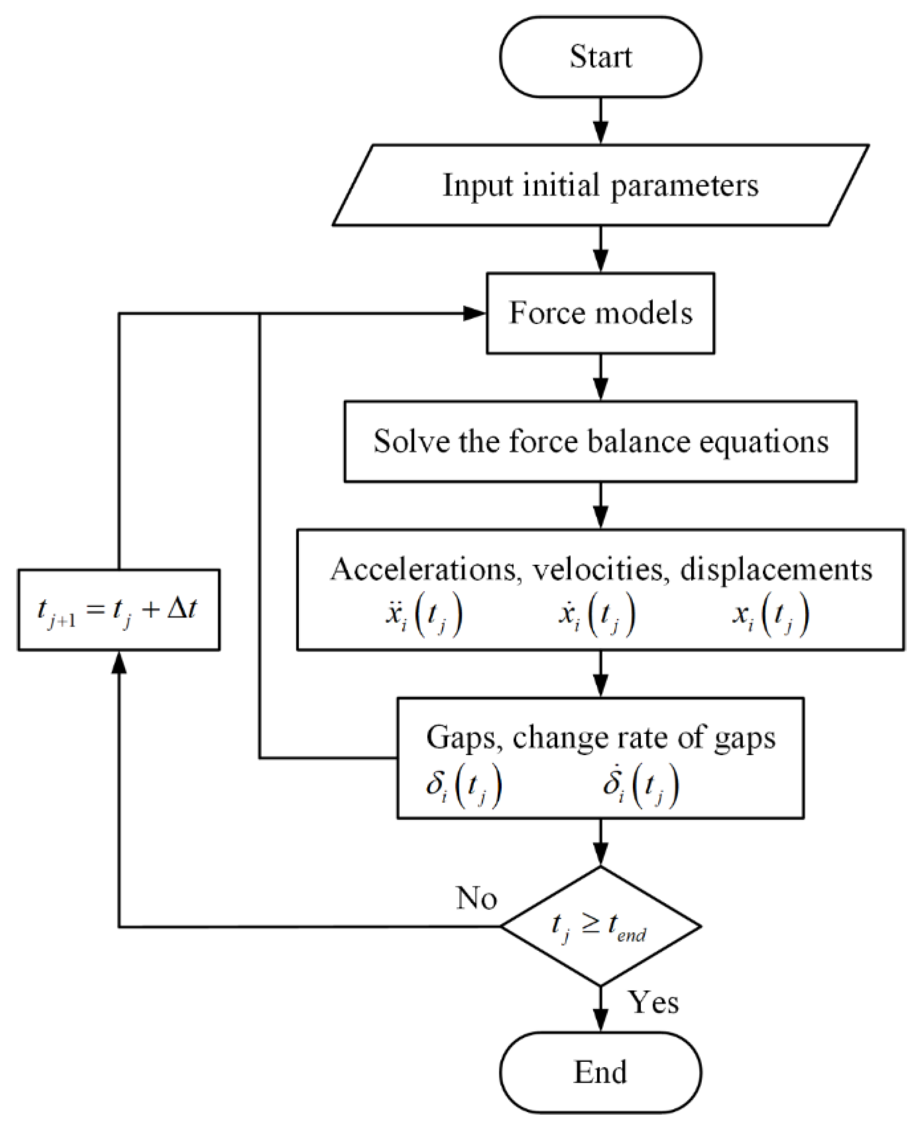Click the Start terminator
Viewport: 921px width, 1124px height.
(x=600, y=57)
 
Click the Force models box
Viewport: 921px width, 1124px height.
(x=600, y=313)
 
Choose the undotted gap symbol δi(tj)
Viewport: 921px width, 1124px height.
(x=464, y=786)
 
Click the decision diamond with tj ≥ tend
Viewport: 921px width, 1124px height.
(x=600, y=927)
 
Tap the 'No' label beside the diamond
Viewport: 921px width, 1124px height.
(x=476, y=898)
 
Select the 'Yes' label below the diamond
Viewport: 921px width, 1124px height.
(x=653, y=1002)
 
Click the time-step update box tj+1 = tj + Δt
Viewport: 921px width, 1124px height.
(x=118, y=610)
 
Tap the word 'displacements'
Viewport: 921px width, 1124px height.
(x=776, y=570)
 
